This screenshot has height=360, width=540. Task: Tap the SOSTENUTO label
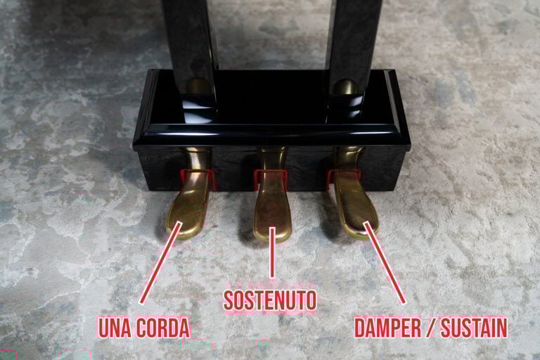[x=270, y=300]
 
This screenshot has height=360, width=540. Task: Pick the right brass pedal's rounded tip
[x=362, y=226]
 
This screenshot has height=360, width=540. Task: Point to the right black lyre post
[x=354, y=35]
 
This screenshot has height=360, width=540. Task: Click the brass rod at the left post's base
[x=198, y=88]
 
